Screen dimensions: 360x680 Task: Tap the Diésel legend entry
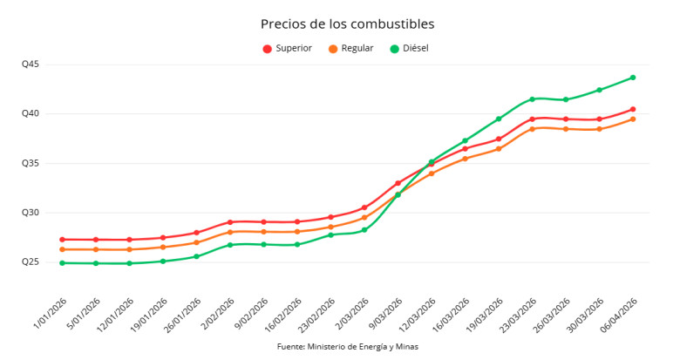410,48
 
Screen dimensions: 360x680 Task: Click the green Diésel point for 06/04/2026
633,78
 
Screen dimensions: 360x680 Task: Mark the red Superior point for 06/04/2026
633,110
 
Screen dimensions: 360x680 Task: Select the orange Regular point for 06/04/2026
633,119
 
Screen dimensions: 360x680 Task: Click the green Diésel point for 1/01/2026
62,263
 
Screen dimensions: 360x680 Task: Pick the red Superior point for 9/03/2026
398,183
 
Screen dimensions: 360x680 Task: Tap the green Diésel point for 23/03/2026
532,99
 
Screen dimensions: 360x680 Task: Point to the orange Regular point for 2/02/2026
230,232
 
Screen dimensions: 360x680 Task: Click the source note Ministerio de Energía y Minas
347,347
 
